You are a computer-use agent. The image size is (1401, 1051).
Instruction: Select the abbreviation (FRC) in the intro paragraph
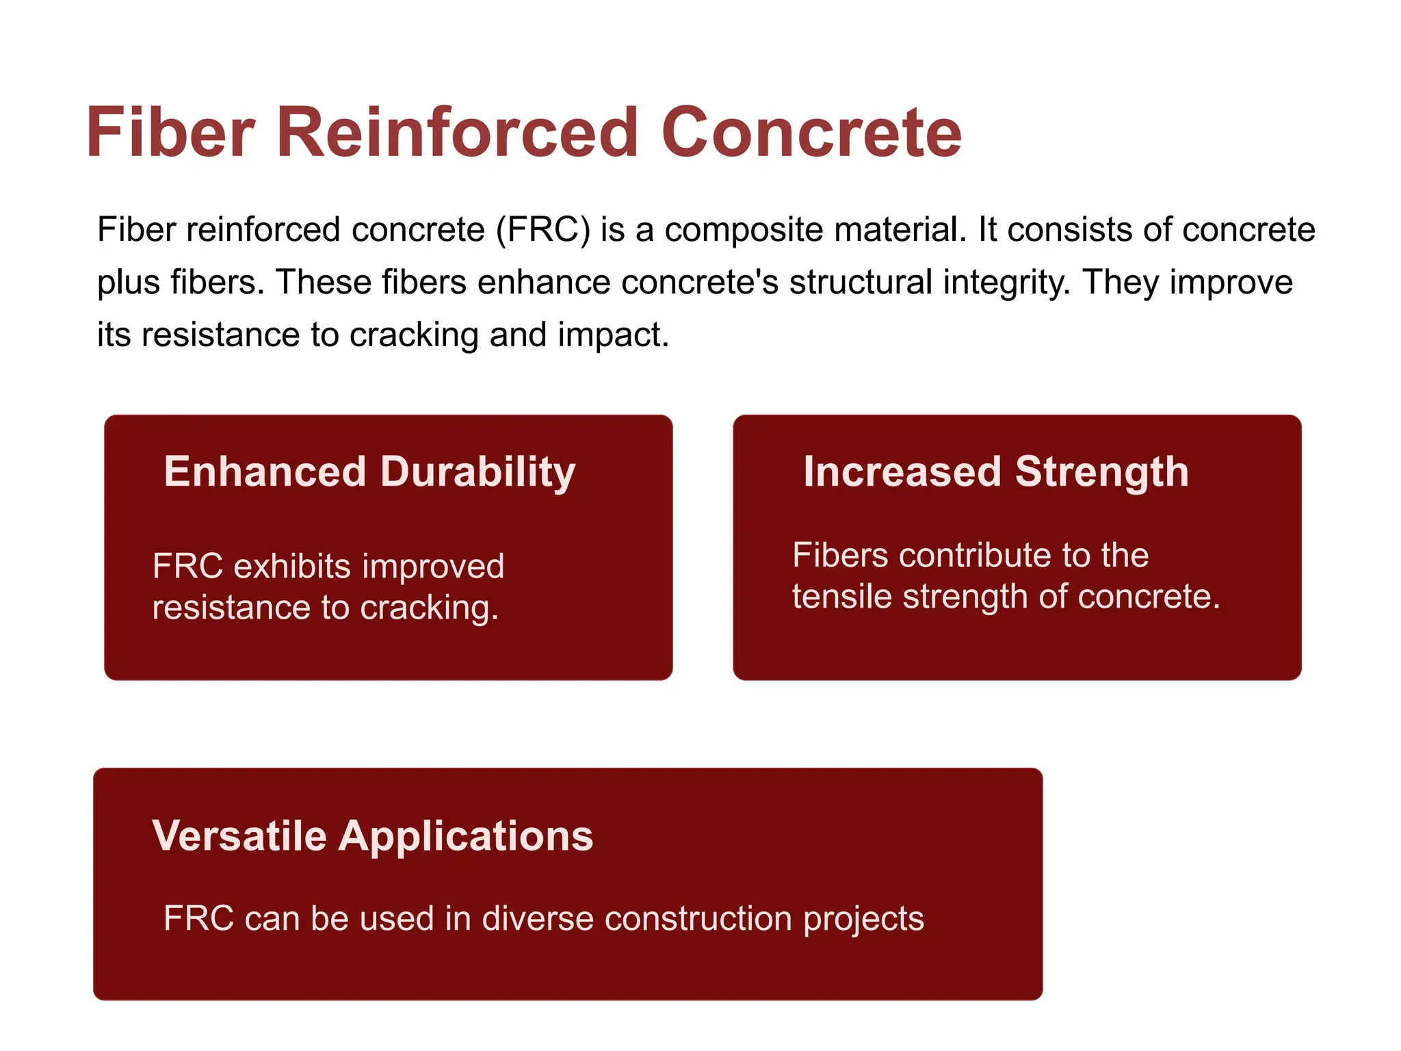point(543,230)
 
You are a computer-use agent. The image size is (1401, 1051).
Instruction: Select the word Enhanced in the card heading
point(265,472)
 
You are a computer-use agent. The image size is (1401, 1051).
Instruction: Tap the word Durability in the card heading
point(477,472)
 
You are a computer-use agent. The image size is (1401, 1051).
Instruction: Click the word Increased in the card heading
point(902,472)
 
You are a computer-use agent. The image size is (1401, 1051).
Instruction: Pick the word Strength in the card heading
point(1101,472)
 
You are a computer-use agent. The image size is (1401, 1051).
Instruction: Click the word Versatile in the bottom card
point(239,836)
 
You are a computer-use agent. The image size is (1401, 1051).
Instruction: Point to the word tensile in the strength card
point(842,597)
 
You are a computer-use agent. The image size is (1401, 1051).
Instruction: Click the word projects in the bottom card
point(863,919)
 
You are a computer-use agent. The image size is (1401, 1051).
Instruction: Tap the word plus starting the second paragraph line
point(128,283)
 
